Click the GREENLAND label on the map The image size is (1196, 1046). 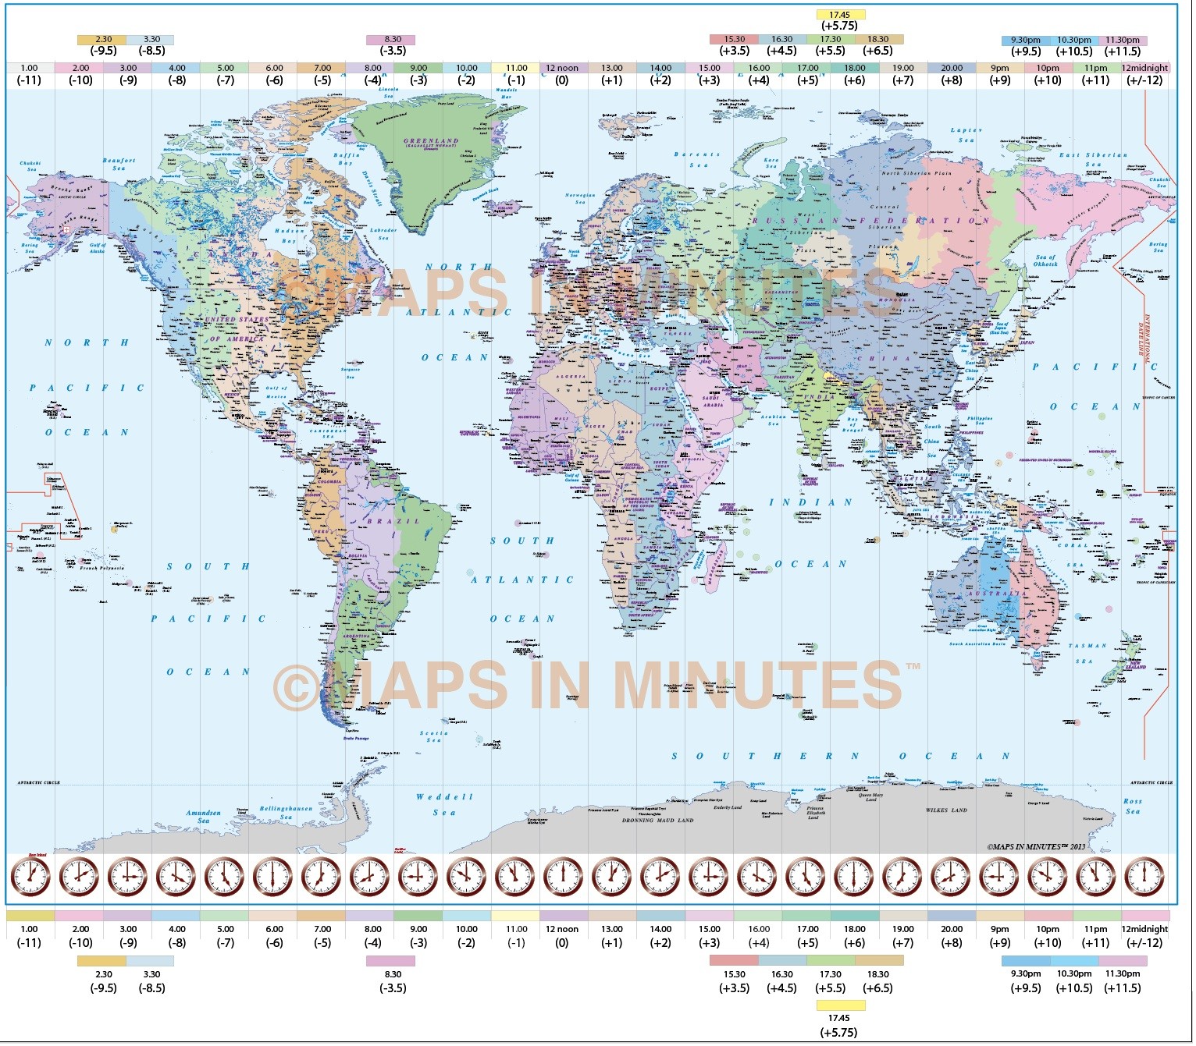[x=431, y=142]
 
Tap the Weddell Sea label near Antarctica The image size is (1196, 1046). [x=444, y=804]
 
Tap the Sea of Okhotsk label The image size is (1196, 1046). [x=1045, y=261]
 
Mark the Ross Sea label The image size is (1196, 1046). [x=1132, y=806]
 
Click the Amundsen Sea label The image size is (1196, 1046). [x=203, y=816]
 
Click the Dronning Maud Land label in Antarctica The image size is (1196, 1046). [x=657, y=821]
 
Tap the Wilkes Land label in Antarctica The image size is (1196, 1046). [x=946, y=810]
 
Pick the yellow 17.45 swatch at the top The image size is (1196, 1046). [x=840, y=15]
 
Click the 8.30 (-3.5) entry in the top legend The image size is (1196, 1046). [x=392, y=44]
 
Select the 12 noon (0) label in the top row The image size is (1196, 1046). [x=562, y=74]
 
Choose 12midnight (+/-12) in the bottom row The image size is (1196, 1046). [x=1144, y=935]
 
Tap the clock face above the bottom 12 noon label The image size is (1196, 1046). [x=563, y=877]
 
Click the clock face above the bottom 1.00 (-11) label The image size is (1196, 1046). [x=30, y=877]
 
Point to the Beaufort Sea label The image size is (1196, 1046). [x=119, y=164]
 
